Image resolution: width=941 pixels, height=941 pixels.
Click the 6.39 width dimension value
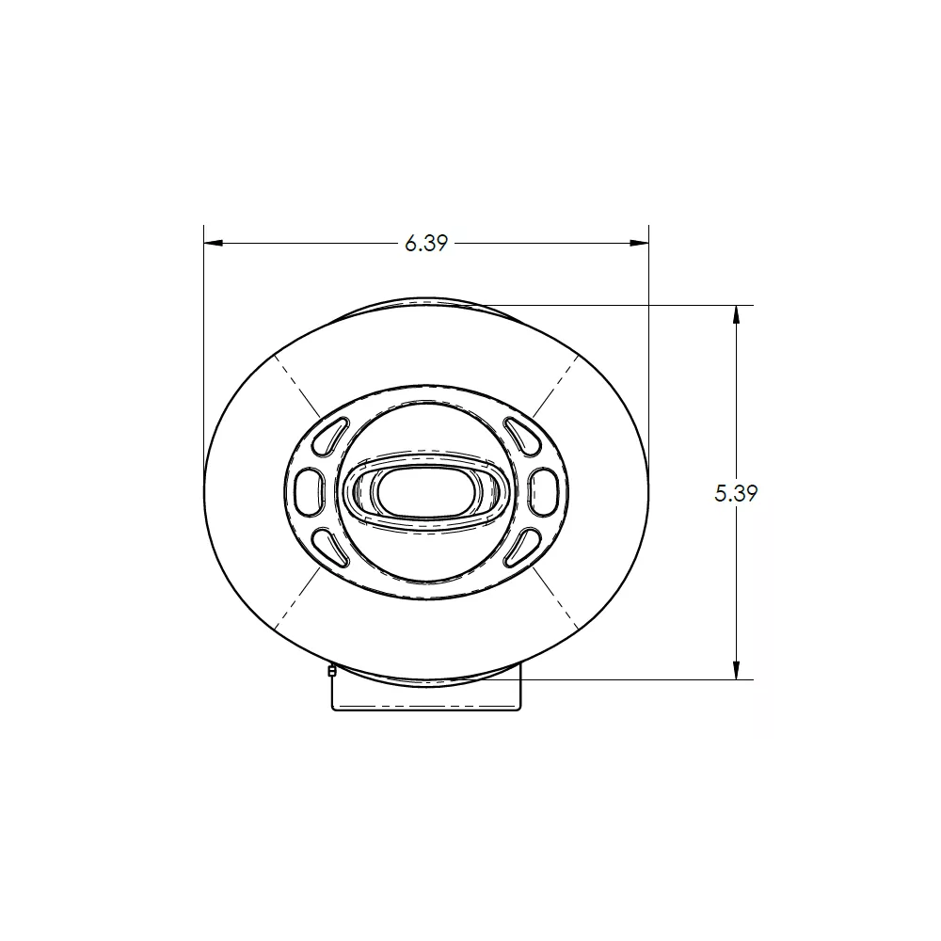[x=426, y=243]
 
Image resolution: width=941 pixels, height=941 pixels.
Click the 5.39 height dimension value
[x=736, y=493]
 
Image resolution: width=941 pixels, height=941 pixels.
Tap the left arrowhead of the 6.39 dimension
[x=214, y=243]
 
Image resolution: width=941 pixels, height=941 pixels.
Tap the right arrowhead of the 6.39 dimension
[x=639, y=243]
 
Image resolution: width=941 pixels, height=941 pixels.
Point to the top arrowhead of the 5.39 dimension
[x=737, y=315]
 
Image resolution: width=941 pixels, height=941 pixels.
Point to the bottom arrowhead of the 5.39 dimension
[x=737, y=670]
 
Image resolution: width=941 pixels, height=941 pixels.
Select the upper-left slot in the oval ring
[x=330, y=435]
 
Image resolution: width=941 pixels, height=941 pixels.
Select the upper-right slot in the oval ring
[x=522, y=435]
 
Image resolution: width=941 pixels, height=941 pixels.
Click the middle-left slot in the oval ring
[x=309, y=492]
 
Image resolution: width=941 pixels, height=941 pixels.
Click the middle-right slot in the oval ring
[x=544, y=492]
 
